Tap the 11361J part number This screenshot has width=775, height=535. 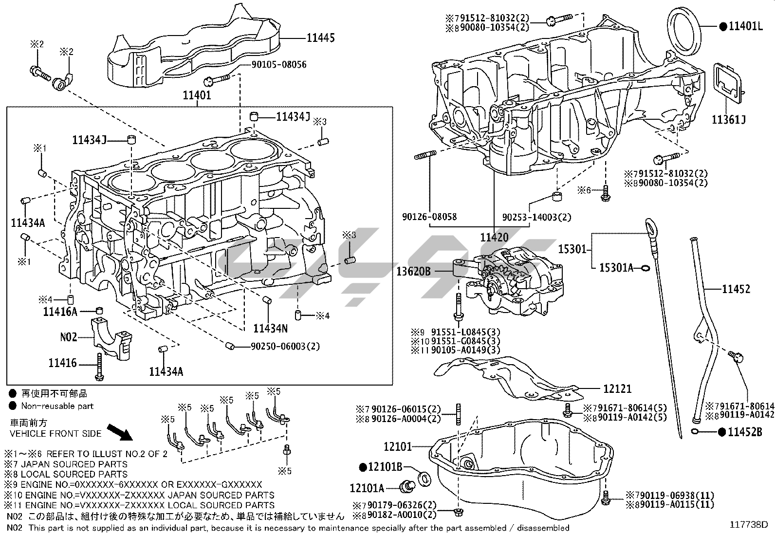(x=729, y=119)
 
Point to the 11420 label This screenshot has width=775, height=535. (x=494, y=238)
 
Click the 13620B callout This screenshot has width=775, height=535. (x=413, y=271)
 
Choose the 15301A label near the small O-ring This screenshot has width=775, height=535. (x=616, y=268)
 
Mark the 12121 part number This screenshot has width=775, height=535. (x=617, y=388)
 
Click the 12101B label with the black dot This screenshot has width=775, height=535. (x=385, y=467)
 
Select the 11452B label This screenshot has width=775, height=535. (x=745, y=431)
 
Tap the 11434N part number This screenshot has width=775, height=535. (x=270, y=329)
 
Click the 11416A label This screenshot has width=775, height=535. (x=60, y=312)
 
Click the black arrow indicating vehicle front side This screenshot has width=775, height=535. (x=119, y=431)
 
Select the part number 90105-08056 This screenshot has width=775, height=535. (x=279, y=64)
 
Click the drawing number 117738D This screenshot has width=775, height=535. (x=748, y=524)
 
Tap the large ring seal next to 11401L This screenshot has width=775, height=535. (x=685, y=31)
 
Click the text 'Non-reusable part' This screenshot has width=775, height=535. (x=57, y=406)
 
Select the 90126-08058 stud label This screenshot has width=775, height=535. (x=429, y=217)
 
